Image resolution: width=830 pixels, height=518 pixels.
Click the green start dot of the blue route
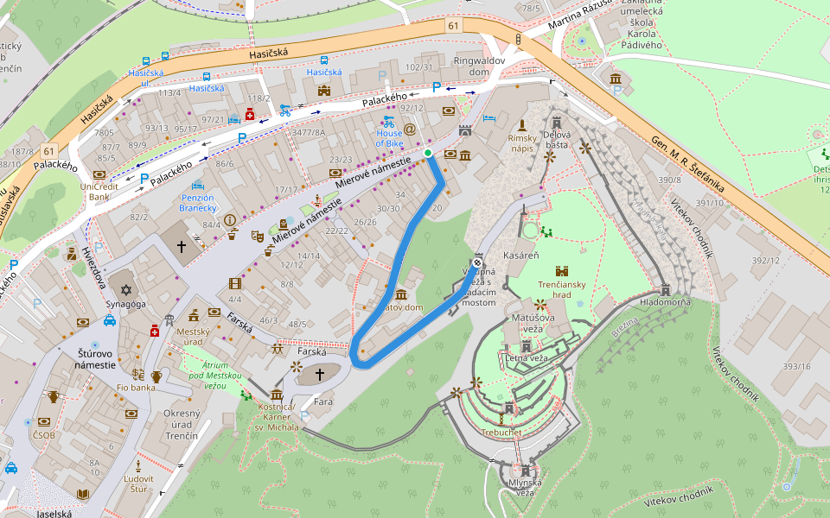tap(428, 153)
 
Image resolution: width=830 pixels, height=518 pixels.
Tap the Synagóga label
tap(122, 304)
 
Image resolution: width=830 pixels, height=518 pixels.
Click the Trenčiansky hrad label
tap(562, 288)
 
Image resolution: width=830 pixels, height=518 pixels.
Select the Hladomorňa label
tap(664, 303)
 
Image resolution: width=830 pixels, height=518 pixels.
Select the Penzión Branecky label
tap(197, 202)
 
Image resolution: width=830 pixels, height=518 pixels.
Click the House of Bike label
tap(390, 137)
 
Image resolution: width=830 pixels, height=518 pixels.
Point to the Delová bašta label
tap(557, 140)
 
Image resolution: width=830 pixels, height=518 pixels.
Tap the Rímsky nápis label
tap(522, 143)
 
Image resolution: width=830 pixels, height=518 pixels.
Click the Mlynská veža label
tap(525, 488)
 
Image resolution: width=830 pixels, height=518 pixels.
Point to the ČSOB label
tap(43, 435)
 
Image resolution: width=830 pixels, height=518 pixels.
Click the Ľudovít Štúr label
tap(138, 483)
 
